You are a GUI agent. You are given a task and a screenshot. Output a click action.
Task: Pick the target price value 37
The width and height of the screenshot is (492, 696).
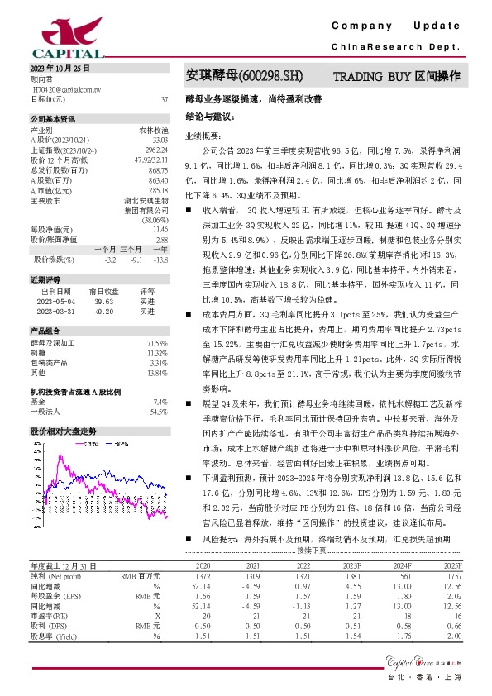[x=164, y=98]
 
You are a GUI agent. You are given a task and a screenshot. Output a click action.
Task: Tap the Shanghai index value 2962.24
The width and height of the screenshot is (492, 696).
[x=155, y=150]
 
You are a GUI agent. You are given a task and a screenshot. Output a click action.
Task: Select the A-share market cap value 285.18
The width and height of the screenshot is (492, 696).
[x=157, y=189]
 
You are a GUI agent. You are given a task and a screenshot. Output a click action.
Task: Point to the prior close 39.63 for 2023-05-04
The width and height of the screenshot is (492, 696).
[x=103, y=302]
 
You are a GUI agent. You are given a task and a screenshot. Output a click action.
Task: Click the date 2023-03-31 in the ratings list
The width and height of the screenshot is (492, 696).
[x=55, y=312]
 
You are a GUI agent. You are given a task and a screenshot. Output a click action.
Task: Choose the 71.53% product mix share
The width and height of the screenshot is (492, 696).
[x=157, y=342]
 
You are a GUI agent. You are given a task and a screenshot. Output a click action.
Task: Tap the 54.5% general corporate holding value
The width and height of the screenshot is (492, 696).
[x=159, y=411]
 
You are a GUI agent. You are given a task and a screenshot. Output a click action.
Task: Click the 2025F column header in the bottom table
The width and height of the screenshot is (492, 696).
[x=451, y=589]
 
